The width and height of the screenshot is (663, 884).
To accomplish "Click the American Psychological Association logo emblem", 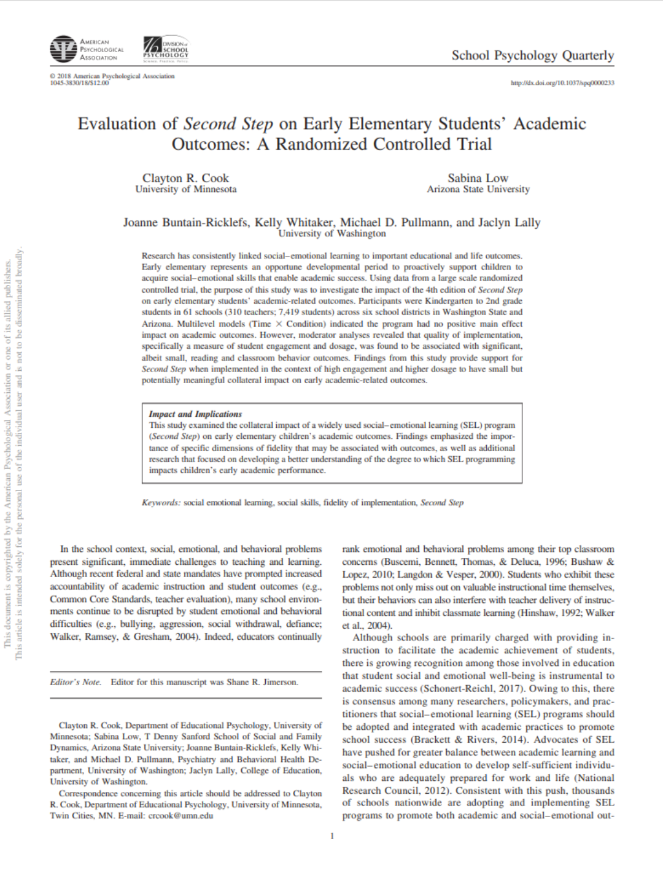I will [63, 49].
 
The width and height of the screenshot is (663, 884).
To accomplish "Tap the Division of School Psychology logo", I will [166, 48].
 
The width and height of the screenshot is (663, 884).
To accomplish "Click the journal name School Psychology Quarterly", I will [532, 55].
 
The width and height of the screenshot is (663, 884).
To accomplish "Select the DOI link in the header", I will [562, 83].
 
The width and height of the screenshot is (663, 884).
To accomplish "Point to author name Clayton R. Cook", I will [185, 178].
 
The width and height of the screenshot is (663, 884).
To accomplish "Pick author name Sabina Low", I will [478, 178].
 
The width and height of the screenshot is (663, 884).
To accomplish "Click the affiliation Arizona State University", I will [478, 190].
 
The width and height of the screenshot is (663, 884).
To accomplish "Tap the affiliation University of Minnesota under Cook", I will [185, 190].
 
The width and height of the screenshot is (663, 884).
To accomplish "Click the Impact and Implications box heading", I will [195, 414].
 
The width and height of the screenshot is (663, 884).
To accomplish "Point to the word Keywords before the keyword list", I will [161, 503].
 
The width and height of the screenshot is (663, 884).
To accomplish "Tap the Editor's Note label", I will [76, 682].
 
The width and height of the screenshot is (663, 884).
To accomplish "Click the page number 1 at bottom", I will [332, 836].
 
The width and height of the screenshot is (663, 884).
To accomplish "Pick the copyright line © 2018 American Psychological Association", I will [112, 76].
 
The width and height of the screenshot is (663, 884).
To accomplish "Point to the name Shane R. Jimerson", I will [262, 682].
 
